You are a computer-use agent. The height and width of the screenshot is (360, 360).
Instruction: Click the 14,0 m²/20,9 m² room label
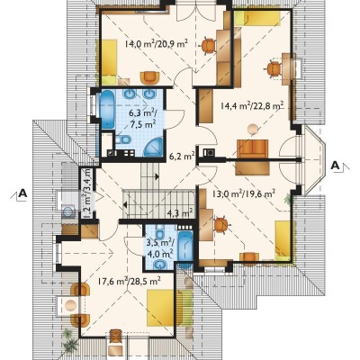[x=157, y=44]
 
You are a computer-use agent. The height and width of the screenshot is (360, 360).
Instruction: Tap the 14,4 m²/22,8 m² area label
[x=252, y=106]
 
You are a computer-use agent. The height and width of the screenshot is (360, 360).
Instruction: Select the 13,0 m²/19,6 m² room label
[x=244, y=193]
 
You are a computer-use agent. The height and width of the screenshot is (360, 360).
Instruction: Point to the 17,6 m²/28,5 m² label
[x=130, y=281]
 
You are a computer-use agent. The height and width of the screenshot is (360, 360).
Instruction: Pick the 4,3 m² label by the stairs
[x=180, y=212]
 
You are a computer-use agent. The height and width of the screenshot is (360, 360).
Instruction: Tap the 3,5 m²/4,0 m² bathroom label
[x=159, y=247]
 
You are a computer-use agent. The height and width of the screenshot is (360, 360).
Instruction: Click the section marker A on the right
[x=337, y=166]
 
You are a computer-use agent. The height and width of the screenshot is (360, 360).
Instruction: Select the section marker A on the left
[x=22, y=193]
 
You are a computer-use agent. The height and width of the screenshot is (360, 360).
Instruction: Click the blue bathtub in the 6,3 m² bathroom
[x=107, y=110]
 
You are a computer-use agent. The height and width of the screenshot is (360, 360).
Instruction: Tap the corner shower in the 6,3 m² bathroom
[x=153, y=147]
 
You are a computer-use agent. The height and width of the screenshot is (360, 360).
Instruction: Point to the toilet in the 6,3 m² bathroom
[x=123, y=139]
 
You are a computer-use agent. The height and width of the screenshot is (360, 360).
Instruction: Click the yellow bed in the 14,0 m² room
[x=109, y=61]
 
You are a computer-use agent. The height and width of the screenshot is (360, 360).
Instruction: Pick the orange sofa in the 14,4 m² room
[x=253, y=149]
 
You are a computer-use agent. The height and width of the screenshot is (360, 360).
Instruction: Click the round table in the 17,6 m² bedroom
[x=71, y=306]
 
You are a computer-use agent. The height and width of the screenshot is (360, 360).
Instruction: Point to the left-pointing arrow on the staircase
[x=125, y=205]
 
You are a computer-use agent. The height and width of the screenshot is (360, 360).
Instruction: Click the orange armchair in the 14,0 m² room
[x=149, y=77]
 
